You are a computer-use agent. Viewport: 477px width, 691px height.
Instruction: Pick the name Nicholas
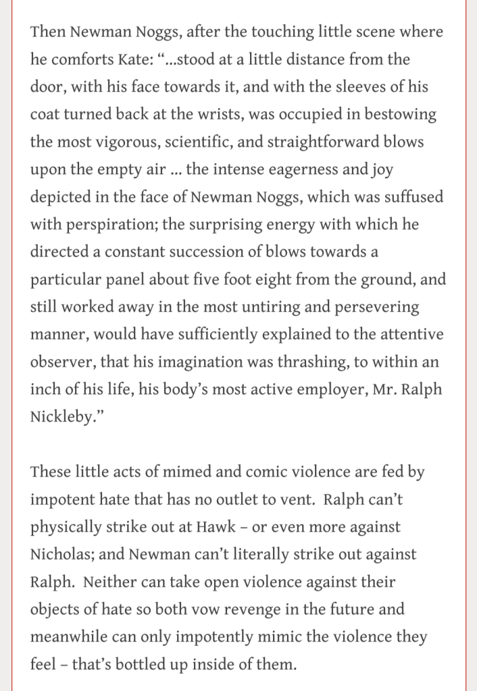tap(61, 555)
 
